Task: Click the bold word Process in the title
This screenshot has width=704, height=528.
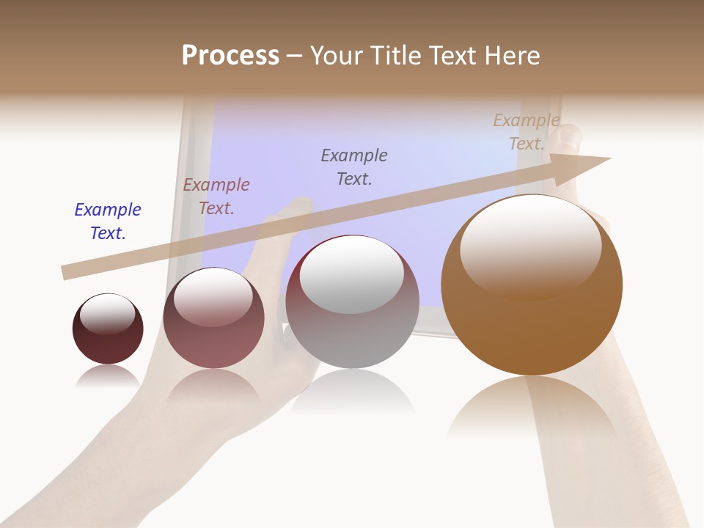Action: coord(230,56)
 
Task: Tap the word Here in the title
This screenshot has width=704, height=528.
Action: coord(512,56)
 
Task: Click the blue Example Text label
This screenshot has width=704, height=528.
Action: coord(108,221)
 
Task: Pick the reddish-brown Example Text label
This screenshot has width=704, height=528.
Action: coord(216,197)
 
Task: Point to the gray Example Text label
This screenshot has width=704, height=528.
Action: coord(354,167)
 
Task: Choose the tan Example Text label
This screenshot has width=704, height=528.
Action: coord(527,132)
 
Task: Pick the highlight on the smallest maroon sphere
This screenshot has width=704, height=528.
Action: coord(107,313)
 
